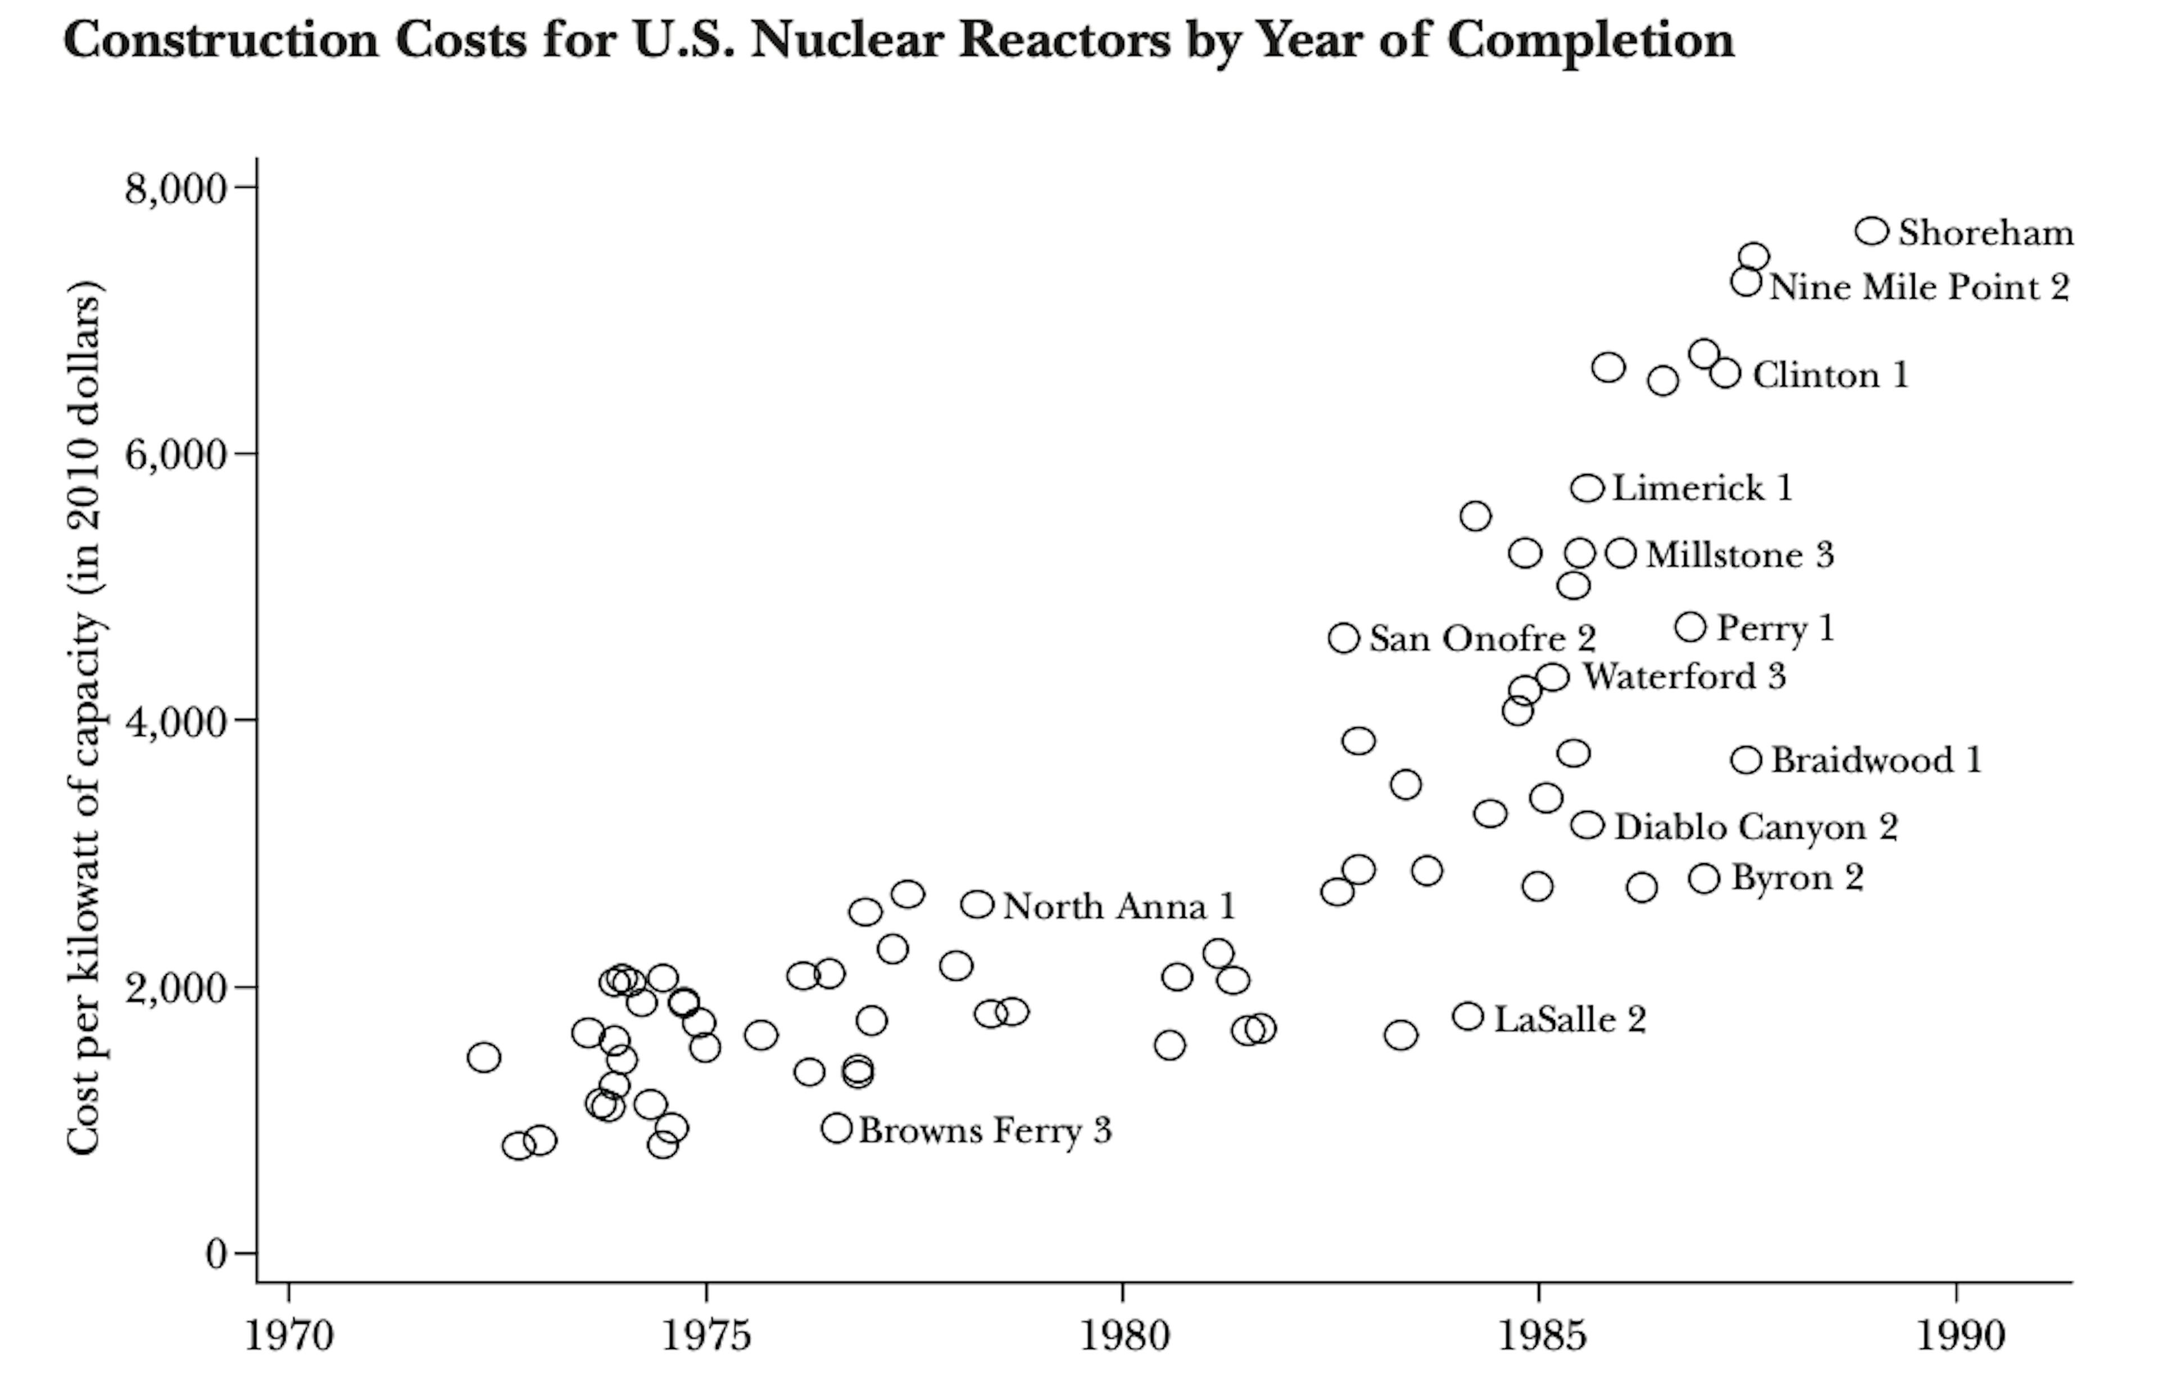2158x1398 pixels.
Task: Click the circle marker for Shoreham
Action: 1871,231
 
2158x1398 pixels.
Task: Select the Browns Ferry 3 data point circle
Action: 837,1129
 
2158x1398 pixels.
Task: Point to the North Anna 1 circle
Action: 977,904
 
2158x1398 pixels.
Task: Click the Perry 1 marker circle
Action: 1690,627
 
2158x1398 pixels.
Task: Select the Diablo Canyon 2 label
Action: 1756,827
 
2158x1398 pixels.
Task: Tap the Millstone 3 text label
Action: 1739,555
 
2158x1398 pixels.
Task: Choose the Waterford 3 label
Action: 1684,677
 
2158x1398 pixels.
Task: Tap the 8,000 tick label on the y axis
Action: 175,189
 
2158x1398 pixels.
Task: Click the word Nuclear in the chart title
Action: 845,40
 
